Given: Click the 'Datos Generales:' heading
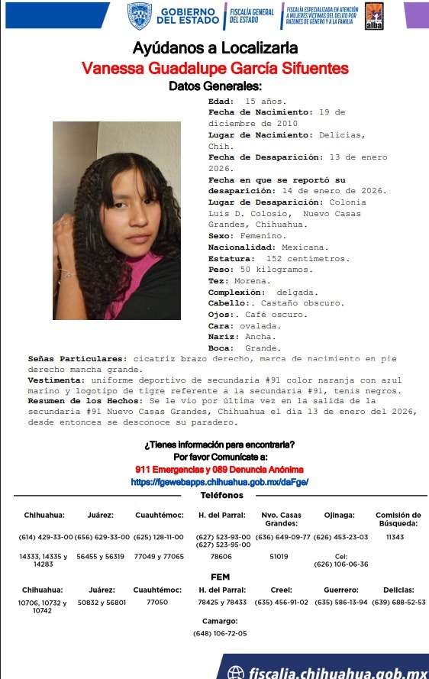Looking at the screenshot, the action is pos(214,86).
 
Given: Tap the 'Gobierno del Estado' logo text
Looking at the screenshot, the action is pos(186,15).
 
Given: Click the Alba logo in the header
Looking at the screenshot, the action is pos(374,15).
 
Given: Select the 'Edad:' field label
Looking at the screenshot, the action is pos(222,101).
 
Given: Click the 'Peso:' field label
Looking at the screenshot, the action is pos(222,270).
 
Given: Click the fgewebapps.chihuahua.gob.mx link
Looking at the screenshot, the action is pos(219,482).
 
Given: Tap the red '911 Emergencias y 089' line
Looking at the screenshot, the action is pos(219,468).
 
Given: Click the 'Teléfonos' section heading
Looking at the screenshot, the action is pos(221,495).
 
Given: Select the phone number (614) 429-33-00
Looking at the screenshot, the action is pos(46,537).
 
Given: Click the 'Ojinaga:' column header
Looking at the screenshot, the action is pos(330,515).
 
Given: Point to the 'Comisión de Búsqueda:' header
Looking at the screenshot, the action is pos(398,519).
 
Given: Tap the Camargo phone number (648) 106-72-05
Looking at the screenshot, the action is pos(221,632).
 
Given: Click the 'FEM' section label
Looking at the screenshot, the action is pos(220,577).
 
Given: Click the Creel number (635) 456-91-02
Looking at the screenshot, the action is pos(281,603).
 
